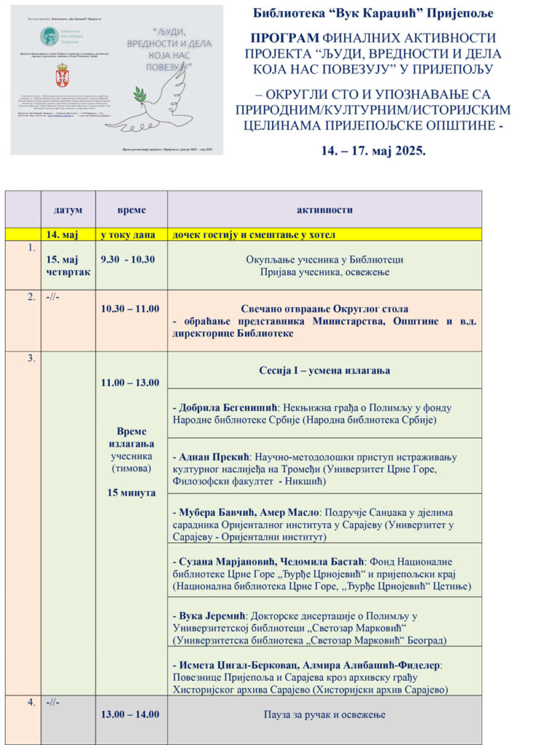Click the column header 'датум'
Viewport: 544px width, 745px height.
click(68, 210)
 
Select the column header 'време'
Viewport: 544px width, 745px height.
click(132, 210)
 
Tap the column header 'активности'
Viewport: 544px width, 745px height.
click(324, 210)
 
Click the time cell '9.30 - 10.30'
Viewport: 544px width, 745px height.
click(128, 259)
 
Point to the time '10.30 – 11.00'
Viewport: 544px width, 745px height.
click(130, 308)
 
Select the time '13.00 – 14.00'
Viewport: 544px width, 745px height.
click(130, 714)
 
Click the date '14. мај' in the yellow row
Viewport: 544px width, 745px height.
click(62, 235)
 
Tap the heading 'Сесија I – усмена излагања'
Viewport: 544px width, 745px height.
click(324, 370)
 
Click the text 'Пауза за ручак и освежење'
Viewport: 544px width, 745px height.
click(324, 714)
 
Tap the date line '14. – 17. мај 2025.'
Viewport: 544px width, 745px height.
click(373, 152)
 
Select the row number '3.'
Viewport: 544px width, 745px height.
click(31, 359)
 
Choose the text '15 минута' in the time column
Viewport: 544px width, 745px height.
click(132, 493)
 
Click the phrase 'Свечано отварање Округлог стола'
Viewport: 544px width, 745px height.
click(324, 308)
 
